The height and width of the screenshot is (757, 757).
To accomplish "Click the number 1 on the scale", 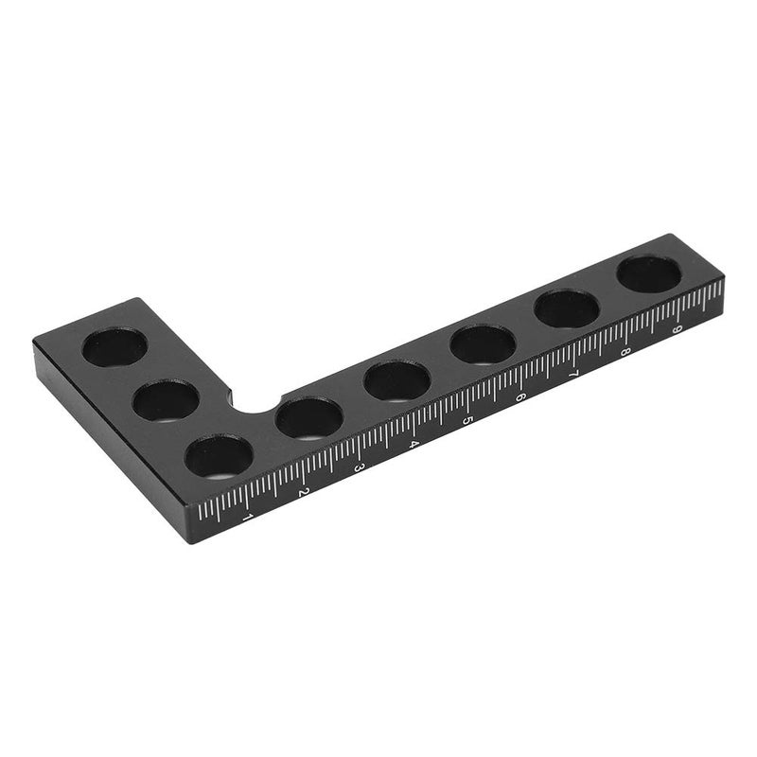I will [248, 518].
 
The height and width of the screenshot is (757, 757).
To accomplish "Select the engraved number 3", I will [358, 467].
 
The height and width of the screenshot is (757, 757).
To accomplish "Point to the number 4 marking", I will [413, 443].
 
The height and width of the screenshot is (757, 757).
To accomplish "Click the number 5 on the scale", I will [467, 419].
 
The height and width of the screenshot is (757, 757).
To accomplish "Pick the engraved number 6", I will [519, 396].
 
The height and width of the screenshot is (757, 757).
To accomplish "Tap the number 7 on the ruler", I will [572, 375].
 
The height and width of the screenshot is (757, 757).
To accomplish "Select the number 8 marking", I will [625, 352].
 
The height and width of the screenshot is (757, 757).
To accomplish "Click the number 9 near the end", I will [676, 330].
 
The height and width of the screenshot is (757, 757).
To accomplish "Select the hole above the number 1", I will [219, 457].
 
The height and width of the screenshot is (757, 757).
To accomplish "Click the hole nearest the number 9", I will [649, 274].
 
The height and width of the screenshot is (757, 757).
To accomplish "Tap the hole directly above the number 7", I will [567, 309].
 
